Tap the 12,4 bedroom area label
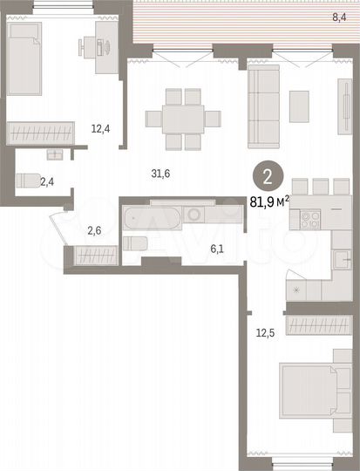pos(100,129)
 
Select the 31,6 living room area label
pos(160,174)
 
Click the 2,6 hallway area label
pos(93,230)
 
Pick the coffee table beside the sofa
pos(299,106)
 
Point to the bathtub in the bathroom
pos(152,215)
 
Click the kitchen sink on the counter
pos(341,257)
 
